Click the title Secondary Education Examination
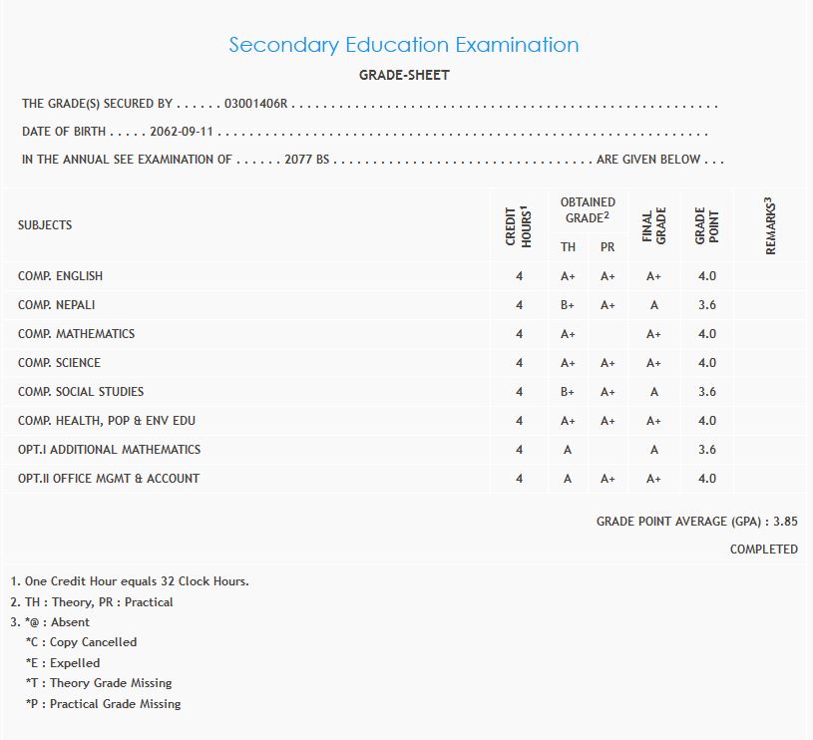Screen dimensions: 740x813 (x=404, y=45)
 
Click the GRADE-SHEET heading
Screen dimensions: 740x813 (x=404, y=75)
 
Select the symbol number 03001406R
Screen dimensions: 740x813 (x=256, y=104)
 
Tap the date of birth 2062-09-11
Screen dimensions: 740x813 (x=183, y=132)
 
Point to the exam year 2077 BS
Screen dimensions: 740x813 (x=306, y=160)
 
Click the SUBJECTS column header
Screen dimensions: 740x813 (x=45, y=225)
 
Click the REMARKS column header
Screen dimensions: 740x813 (x=770, y=225)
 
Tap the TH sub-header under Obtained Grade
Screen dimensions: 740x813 (x=568, y=247)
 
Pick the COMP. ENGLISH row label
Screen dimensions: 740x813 (x=60, y=276)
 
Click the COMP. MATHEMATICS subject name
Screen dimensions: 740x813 (x=76, y=334)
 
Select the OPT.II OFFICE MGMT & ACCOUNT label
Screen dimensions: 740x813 (x=109, y=479)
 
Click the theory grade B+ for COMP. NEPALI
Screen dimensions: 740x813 (x=568, y=305)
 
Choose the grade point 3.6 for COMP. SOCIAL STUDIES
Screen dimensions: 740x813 (x=707, y=392)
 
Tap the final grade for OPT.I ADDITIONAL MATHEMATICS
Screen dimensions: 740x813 (x=654, y=450)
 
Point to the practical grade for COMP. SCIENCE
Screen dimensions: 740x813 (x=608, y=363)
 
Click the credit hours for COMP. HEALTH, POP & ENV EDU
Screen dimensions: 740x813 (x=519, y=421)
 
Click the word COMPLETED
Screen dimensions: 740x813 (x=763, y=549)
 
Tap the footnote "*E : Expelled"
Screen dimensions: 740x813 (x=63, y=663)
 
